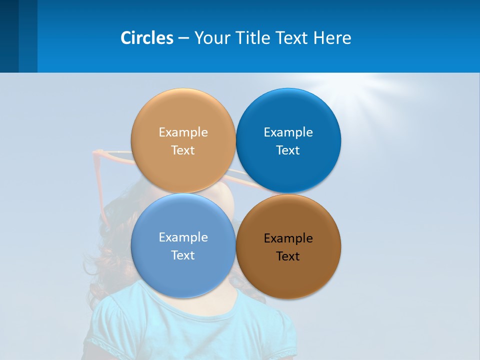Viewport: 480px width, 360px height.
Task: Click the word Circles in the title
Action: tap(147, 37)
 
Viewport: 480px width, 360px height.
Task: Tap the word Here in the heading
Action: tap(332, 37)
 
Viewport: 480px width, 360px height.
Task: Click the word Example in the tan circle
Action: tap(183, 132)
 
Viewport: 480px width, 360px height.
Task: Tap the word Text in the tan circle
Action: tap(183, 150)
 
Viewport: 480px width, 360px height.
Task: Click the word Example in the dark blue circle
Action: tap(288, 132)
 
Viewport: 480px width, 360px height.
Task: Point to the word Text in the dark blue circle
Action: tap(288, 150)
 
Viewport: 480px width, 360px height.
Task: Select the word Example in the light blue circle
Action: tap(183, 237)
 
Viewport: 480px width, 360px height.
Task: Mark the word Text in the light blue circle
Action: tap(183, 255)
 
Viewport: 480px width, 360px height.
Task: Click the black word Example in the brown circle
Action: tap(288, 238)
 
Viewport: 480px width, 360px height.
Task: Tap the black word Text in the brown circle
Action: tap(288, 256)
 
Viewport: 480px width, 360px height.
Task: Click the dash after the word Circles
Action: tap(183, 38)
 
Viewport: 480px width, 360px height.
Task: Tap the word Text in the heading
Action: tap(294, 37)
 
